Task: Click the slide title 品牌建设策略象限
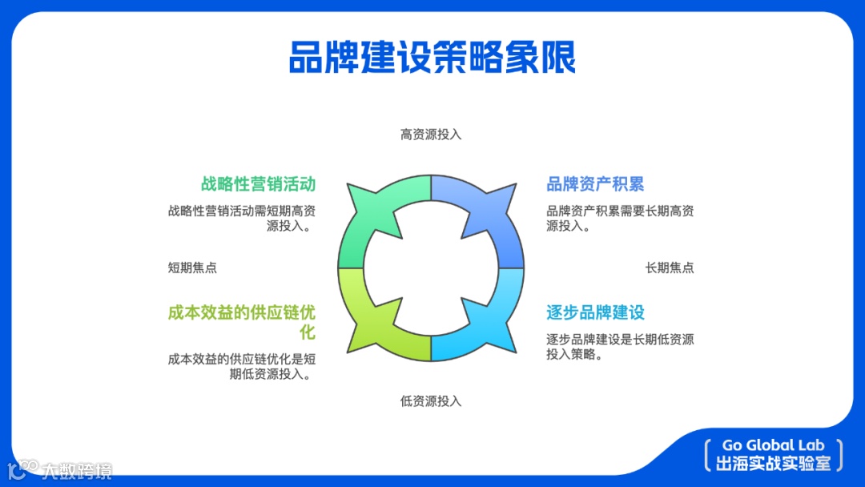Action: coord(432,58)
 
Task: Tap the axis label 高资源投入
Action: coord(431,135)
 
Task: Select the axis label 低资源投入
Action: coord(431,400)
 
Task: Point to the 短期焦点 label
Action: coord(192,268)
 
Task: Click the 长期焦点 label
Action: coord(670,268)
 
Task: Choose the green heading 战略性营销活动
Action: coord(258,184)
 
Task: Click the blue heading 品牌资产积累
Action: coord(595,184)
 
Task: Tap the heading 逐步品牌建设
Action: coord(595,312)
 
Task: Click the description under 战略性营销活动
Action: coord(242,219)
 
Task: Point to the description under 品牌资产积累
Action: coord(620,219)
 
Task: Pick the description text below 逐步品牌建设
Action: coord(620,346)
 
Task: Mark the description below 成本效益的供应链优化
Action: coord(242,366)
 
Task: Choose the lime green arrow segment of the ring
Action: coord(376,320)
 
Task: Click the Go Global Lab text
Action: coord(773,445)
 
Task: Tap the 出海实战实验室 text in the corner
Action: coord(773,463)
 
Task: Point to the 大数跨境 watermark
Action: coord(76,470)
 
